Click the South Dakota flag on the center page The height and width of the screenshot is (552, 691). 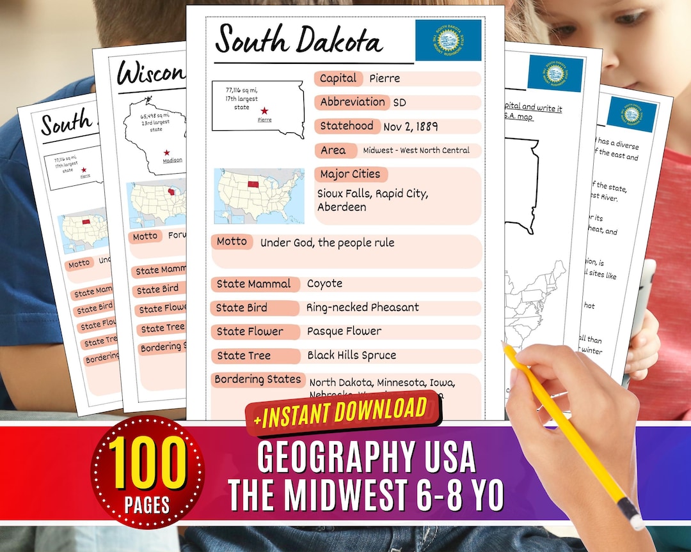pyautogui.click(x=448, y=40)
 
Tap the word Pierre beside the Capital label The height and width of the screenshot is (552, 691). pyautogui.click(x=385, y=79)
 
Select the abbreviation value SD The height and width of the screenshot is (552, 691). pyautogui.click(x=399, y=103)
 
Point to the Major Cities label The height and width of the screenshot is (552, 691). pyautogui.click(x=350, y=174)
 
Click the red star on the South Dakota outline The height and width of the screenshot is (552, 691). pyautogui.click(x=264, y=111)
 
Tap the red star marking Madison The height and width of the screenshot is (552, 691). pyautogui.click(x=167, y=153)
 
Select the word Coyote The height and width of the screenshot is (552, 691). pyautogui.click(x=324, y=284)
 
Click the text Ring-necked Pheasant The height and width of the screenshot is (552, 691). pyautogui.click(x=363, y=307)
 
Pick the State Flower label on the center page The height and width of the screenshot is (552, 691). pyautogui.click(x=250, y=332)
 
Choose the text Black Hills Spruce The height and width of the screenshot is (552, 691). pyautogui.click(x=351, y=355)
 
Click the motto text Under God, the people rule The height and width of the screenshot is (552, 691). pyautogui.click(x=327, y=243)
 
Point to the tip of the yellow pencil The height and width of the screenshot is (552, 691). pyautogui.click(x=504, y=345)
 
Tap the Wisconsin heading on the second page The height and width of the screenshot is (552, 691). pyautogui.click(x=150, y=74)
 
